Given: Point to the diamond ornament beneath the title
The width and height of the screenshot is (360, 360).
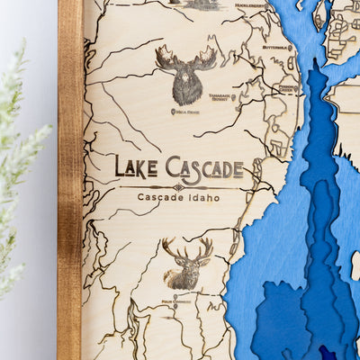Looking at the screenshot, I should coord(178,186).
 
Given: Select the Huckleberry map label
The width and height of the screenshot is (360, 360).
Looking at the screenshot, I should coord(251,5).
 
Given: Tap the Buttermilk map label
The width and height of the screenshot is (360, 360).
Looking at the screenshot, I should coord(274,47).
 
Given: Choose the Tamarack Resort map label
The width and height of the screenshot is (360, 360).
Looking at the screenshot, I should coord(220,97).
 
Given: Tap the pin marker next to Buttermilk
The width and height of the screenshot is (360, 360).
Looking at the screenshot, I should coord(291,47).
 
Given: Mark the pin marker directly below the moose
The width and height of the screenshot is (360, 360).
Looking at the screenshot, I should coord(173,112).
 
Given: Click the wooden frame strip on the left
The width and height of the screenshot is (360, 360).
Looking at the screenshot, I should coord(69,180).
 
